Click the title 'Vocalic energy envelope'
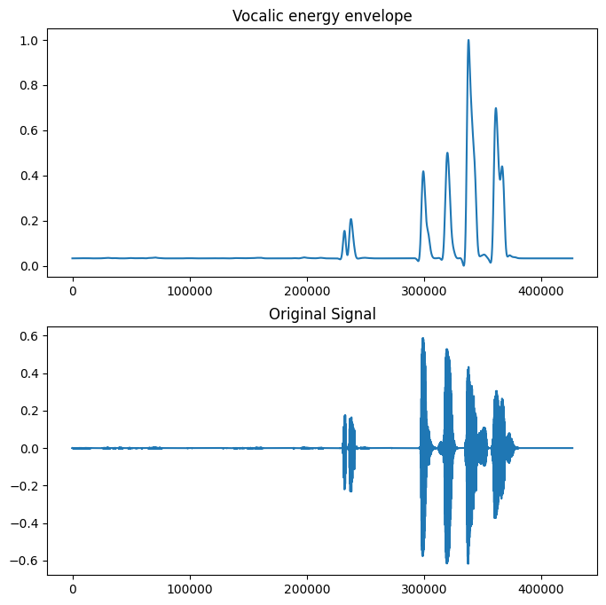(x=322, y=16)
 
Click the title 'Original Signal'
(x=322, y=313)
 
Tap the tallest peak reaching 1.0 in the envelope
(x=468, y=41)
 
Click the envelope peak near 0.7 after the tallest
(x=495, y=109)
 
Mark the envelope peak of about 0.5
(x=447, y=153)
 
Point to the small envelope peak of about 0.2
(x=350, y=220)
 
